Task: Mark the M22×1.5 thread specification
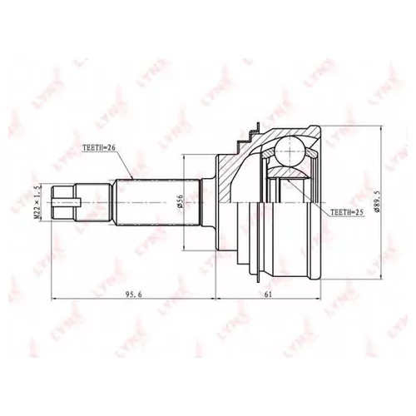(37, 201)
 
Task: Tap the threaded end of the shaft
(67, 201)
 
